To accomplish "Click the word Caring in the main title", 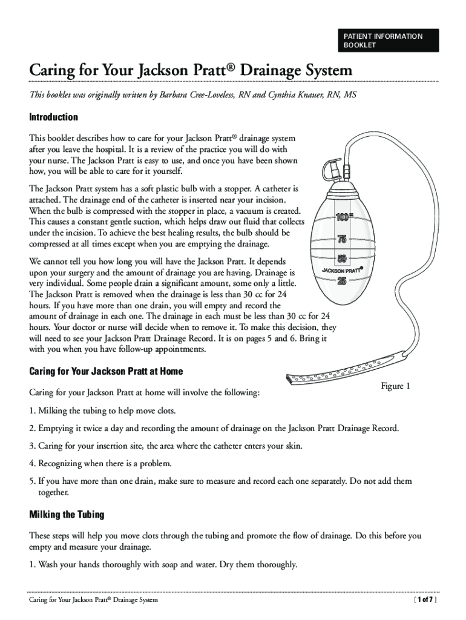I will coord(51,71).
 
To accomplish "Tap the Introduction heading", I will coord(54,117).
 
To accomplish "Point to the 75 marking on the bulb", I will coord(342,239).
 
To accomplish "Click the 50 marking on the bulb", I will coord(342,259).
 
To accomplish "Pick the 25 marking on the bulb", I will coord(342,281).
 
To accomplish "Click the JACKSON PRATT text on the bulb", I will coord(341,270).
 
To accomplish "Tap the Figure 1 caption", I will coord(395,386).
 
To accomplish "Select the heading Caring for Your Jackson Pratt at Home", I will coord(106,371).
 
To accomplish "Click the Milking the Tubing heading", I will coord(67,515).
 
